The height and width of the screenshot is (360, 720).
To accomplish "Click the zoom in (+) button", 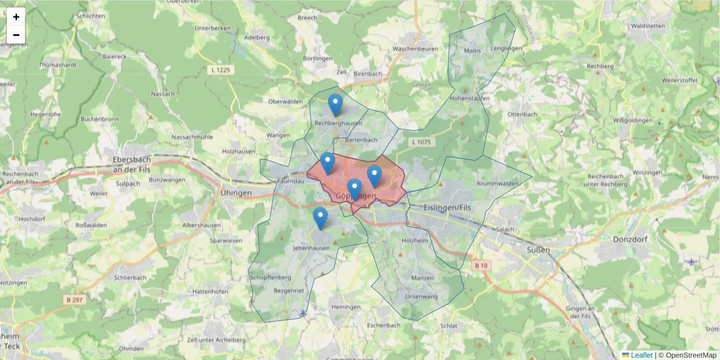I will pyautogui.click(x=16, y=17).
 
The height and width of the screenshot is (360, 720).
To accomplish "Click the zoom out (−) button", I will pyautogui.click(x=16, y=35).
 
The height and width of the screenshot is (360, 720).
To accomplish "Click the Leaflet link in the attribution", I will pyautogui.click(x=641, y=355).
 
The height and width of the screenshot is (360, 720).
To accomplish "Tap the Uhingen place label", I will pyautogui.click(x=235, y=193).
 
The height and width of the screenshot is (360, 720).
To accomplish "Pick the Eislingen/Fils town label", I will pyautogui.click(x=449, y=206).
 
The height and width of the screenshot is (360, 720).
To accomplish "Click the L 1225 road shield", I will pyautogui.click(x=222, y=70).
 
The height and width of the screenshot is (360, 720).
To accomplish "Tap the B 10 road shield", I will pyautogui.click(x=481, y=266).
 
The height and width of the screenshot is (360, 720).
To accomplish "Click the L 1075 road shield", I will pyautogui.click(x=422, y=142).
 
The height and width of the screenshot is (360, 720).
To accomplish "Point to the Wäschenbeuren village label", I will pyautogui.click(x=415, y=49).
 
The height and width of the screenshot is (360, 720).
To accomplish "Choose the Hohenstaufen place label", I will pyautogui.click(x=470, y=98).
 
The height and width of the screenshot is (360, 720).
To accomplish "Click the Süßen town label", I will pyautogui.click(x=538, y=250).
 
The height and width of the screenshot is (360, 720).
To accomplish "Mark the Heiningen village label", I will pyautogui.click(x=346, y=307).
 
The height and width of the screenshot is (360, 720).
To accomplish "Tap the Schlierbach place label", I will pyautogui.click(x=130, y=278).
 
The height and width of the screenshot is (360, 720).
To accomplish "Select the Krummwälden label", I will pyautogui.click(x=497, y=183).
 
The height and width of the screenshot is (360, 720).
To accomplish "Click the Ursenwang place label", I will pyautogui.click(x=422, y=296).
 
